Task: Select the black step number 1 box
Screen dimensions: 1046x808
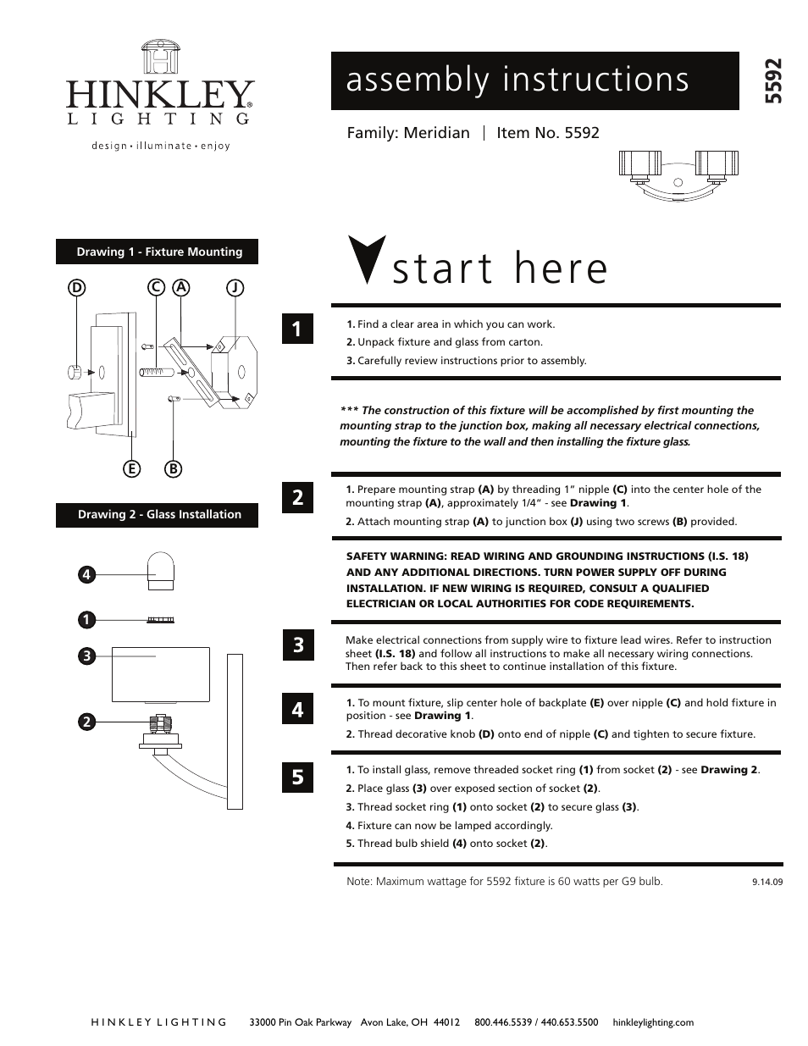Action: coord(297,329)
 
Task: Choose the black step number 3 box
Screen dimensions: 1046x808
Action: coord(297,645)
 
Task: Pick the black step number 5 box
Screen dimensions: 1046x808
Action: coord(297,776)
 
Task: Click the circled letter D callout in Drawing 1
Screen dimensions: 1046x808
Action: coord(76,288)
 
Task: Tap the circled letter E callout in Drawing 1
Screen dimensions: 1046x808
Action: coord(131,468)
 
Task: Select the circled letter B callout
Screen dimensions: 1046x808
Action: coord(173,468)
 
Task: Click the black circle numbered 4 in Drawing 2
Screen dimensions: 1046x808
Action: coord(86,575)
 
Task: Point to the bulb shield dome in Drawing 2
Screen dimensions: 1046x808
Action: coord(158,570)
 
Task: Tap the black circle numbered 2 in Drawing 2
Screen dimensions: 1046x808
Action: coord(86,722)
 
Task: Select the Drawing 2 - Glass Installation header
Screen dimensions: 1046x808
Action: coord(158,515)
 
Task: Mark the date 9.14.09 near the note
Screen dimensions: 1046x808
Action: coord(766,881)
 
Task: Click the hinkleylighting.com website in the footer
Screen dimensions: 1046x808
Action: coord(652,1022)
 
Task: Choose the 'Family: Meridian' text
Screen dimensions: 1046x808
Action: coord(408,133)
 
